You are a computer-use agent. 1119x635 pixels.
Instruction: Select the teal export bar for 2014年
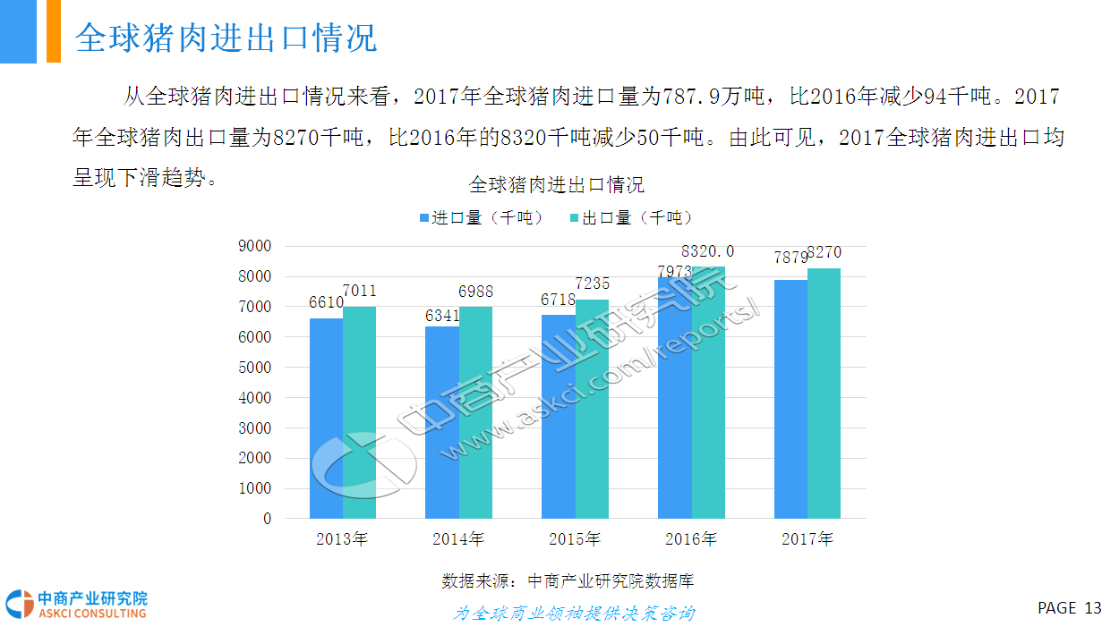click(475, 412)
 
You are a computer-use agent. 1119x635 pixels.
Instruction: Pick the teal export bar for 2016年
click(708, 393)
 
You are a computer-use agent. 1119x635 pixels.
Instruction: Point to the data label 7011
click(359, 291)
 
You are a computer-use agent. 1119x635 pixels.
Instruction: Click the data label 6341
click(442, 315)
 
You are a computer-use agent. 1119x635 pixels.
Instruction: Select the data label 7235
click(592, 284)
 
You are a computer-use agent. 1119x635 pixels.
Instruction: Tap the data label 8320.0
click(707, 251)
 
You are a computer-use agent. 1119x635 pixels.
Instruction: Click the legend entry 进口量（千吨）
click(482, 217)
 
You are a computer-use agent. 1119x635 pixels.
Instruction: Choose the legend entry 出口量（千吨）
click(632, 217)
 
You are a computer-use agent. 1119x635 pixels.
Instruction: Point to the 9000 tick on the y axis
click(255, 246)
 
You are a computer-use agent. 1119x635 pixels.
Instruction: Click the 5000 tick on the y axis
click(255, 368)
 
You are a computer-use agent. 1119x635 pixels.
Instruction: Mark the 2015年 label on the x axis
click(575, 539)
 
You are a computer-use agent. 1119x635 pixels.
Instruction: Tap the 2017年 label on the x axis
click(807, 539)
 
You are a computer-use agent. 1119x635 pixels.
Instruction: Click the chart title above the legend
click(557, 185)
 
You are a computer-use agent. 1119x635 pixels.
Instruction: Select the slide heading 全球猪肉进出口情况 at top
click(226, 38)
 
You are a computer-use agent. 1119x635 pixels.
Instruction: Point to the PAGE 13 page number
click(1069, 608)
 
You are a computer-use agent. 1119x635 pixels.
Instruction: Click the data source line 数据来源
click(568, 580)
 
